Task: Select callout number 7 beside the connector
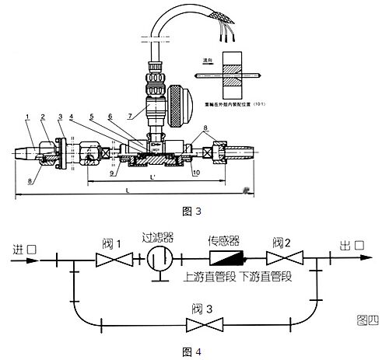click(140, 114)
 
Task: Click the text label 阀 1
click(104, 242)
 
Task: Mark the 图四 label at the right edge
click(367, 318)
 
